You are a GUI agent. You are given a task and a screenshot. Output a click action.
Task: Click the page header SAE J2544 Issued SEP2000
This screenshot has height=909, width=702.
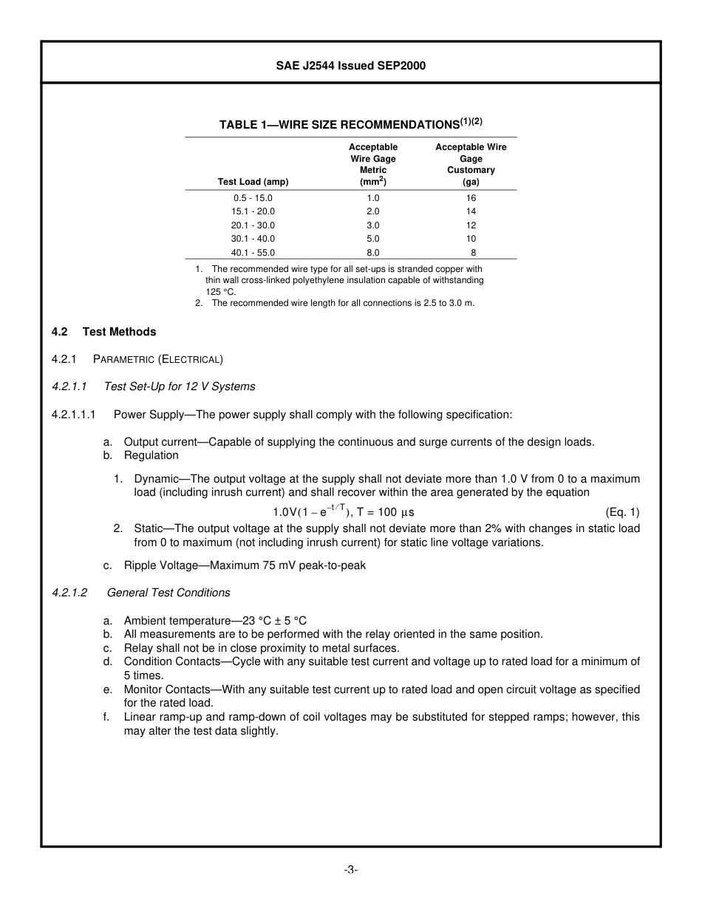[x=350, y=66]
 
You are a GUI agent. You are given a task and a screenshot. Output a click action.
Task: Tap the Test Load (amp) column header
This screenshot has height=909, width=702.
[x=253, y=181]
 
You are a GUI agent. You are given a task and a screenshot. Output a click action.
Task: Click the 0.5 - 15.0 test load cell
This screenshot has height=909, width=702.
[x=253, y=198]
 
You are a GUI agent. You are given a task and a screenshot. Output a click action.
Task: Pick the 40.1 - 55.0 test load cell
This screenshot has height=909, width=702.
[x=253, y=252]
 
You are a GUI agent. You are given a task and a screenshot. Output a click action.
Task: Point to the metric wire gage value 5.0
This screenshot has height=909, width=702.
[x=372, y=239]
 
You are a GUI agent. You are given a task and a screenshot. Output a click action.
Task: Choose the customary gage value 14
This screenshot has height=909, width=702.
[x=471, y=211]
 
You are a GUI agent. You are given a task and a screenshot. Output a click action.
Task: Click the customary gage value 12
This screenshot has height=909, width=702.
[x=471, y=225]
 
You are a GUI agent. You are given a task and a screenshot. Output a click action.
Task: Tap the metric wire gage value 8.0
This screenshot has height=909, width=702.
[x=372, y=252]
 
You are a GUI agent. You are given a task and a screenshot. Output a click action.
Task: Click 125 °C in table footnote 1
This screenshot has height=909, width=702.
[x=217, y=292]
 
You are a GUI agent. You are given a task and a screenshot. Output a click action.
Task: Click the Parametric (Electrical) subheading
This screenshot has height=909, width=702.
[x=158, y=359]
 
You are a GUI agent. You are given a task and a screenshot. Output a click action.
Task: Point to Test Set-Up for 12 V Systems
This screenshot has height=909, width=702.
[x=180, y=387]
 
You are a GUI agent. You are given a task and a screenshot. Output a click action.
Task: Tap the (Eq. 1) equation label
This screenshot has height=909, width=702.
[x=622, y=511]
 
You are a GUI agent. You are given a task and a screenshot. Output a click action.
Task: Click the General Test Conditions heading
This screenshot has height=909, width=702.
[x=168, y=593]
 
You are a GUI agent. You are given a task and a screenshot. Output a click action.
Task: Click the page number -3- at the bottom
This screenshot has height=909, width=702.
[x=350, y=870]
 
